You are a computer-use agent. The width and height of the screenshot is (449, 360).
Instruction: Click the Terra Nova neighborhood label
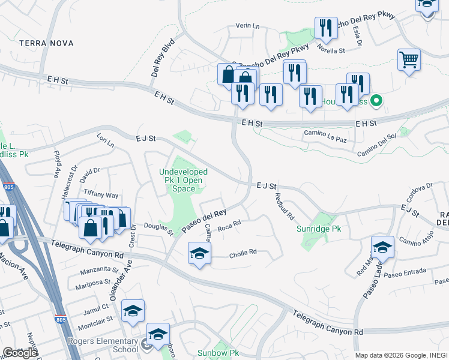point(46,43)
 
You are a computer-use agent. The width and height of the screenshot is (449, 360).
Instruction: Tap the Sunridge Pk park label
point(319,229)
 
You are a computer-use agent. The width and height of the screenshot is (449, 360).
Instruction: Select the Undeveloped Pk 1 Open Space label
point(183,180)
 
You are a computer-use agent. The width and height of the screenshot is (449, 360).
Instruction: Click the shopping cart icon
point(409,60)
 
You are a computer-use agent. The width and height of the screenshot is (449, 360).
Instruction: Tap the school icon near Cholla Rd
point(199,254)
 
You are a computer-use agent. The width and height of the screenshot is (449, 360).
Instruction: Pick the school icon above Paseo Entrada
point(382,247)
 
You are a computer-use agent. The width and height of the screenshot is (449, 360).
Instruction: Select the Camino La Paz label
point(325,133)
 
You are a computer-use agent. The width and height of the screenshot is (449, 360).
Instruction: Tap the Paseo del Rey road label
point(205,220)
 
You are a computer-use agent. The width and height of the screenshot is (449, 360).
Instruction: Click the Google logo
point(20,352)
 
